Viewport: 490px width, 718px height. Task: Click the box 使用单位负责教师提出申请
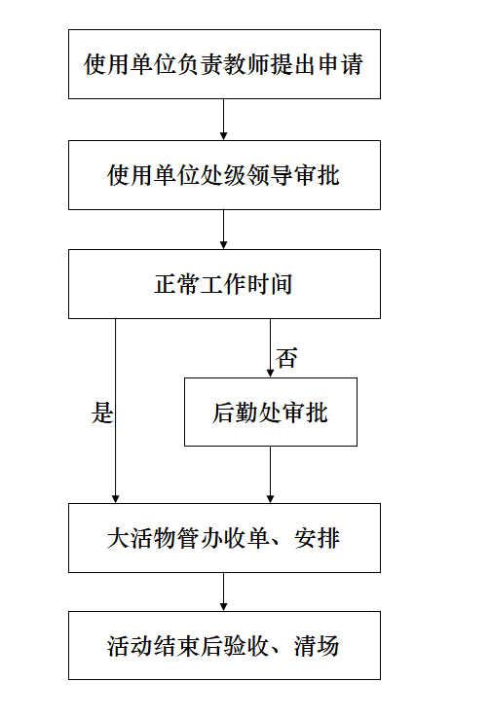click(x=224, y=64)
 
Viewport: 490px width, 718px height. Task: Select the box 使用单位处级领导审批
click(x=224, y=175)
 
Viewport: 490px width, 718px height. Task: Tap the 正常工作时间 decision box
click(x=224, y=284)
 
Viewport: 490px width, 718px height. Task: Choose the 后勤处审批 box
click(x=271, y=412)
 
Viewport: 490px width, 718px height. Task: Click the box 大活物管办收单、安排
click(x=224, y=538)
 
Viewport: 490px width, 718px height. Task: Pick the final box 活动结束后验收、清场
click(x=224, y=646)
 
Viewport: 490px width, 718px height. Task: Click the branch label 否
click(x=287, y=358)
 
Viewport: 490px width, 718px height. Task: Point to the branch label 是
click(x=101, y=413)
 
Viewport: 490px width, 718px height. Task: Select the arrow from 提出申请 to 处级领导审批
click(x=224, y=120)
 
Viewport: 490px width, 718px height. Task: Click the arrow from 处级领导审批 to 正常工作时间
click(x=224, y=230)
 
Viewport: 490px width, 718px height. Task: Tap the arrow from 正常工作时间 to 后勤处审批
click(x=271, y=348)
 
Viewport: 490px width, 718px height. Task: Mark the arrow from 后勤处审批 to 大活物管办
click(x=271, y=475)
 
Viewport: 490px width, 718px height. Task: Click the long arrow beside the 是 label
click(x=116, y=411)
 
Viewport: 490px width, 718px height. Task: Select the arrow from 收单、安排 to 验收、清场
click(x=224, y=592)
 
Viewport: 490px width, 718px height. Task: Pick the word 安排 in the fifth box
click(x=318, y=538)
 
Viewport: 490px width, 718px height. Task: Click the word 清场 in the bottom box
click(x=317, y=646)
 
